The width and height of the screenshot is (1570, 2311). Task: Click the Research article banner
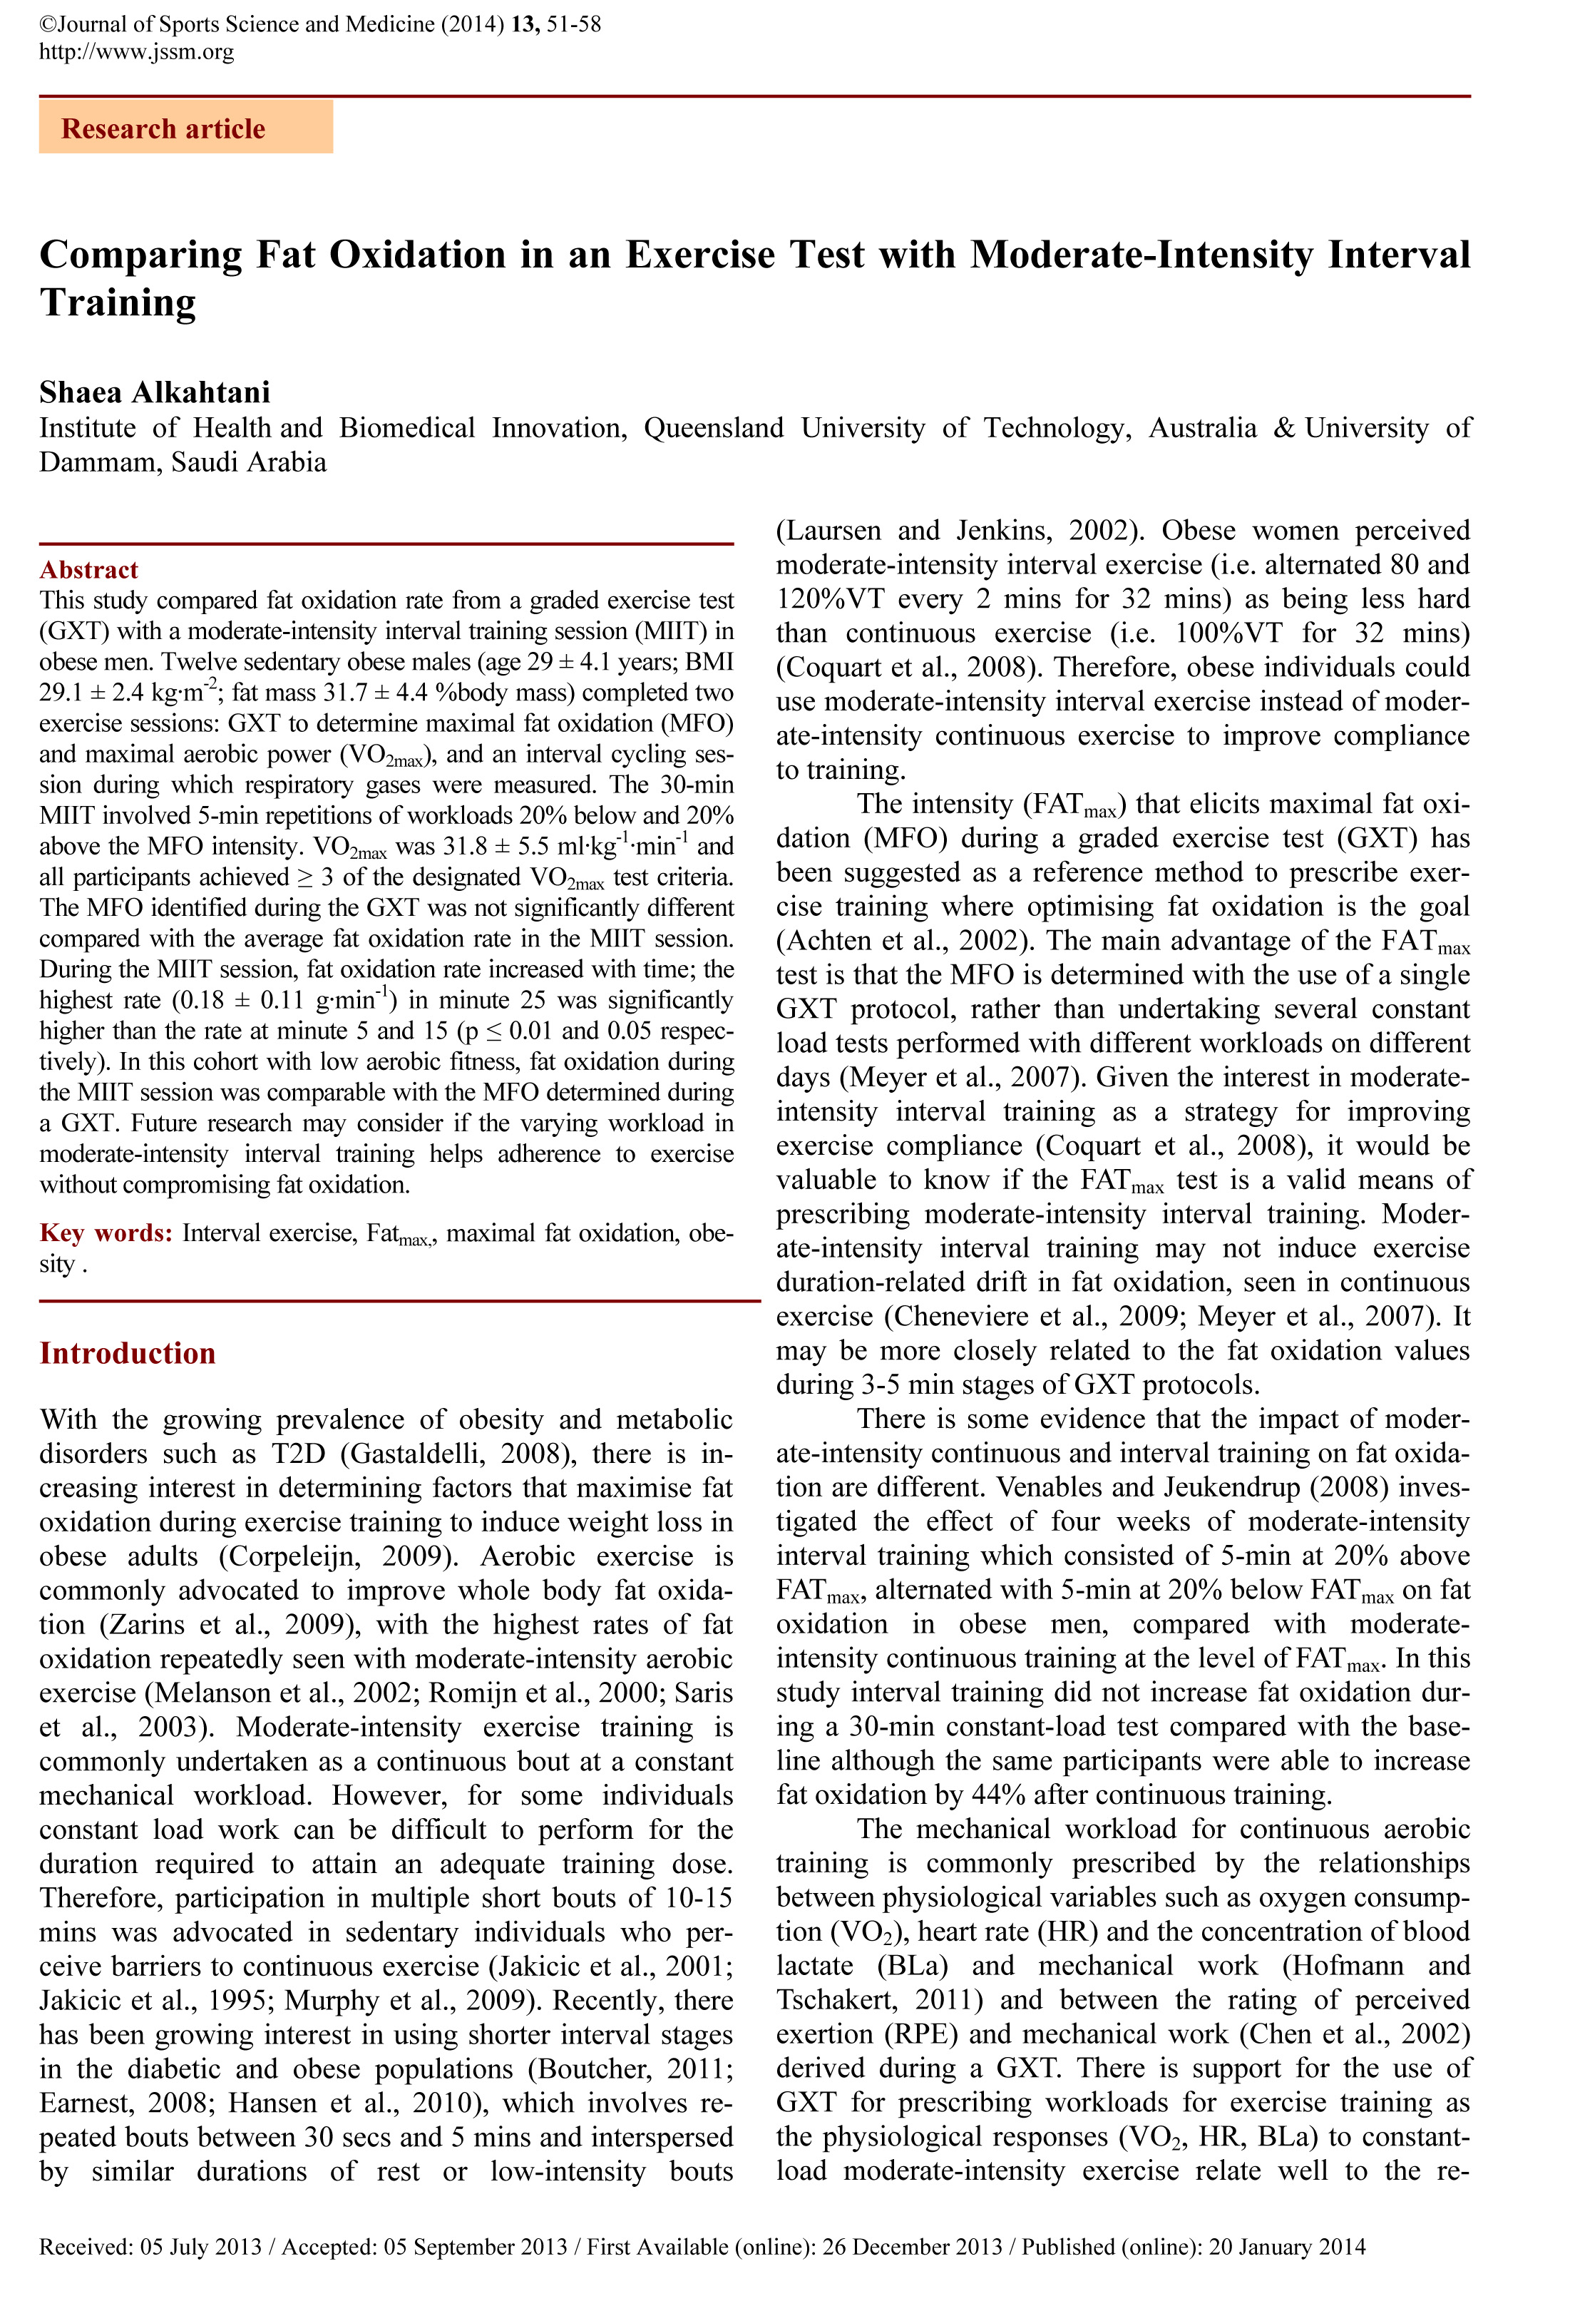pos(185,128)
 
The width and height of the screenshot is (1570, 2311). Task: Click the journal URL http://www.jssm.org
pos(136,51)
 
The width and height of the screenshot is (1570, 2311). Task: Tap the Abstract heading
pos(88,570)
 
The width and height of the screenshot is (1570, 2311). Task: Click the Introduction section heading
pos(128,1352)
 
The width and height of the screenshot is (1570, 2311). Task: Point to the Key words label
pos(106,1233)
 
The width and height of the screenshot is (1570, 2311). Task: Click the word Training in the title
pos(118,302)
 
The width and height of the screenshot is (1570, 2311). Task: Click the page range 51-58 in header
pos(574,24)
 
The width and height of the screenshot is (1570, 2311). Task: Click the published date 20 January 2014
pos(1287,2246)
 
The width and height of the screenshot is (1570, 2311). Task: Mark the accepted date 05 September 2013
pos(476,2246)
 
